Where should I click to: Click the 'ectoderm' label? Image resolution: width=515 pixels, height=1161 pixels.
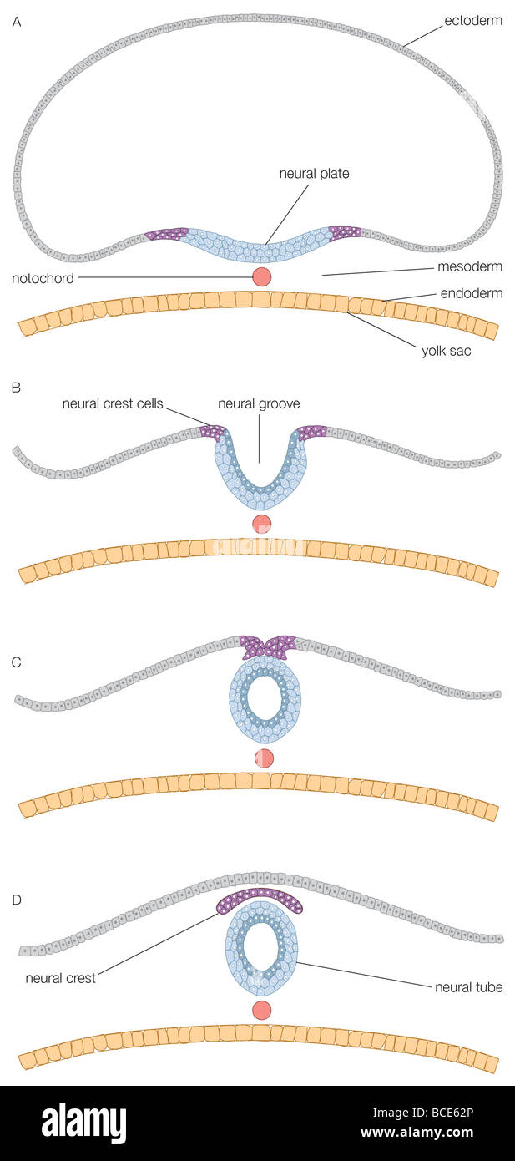tap(473, 20)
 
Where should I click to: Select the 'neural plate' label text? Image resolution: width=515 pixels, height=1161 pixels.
tap(314, 174)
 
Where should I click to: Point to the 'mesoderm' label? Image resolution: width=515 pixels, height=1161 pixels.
tap(470, 267)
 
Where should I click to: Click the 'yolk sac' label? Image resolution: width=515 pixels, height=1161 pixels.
tap(446, 351)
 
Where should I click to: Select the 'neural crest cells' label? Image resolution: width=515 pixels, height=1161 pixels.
tap(113, 403)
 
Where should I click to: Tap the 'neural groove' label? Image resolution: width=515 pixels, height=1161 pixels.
tap(259, 403)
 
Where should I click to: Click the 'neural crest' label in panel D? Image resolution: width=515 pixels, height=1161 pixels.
tap(60, 978)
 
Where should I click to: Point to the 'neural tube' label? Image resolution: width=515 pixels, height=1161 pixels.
tap(468, 987)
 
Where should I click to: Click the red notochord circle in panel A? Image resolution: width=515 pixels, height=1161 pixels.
tap(262, 276)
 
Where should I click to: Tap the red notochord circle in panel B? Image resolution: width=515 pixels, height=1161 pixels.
tap(262, 524)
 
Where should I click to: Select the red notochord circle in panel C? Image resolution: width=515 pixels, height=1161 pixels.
tap(263, 758)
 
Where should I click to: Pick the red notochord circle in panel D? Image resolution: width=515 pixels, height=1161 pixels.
tap(262, 1010)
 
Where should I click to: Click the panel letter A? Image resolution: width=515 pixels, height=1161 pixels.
tap(17, 23)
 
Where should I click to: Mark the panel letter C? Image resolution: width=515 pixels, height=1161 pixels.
tap(17, 662)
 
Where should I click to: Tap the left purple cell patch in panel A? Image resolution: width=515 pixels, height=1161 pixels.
tap(167, 234)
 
